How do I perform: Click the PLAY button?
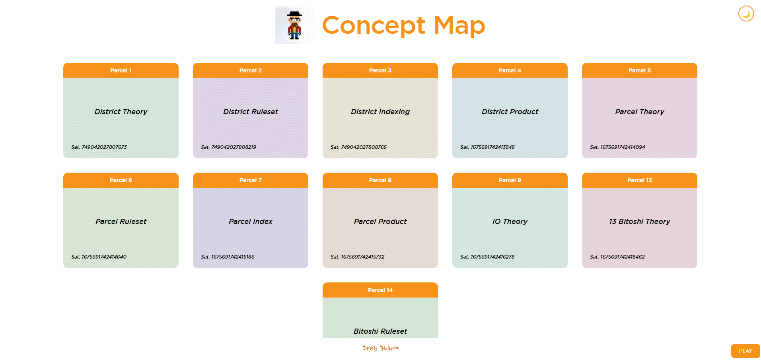(745, 351)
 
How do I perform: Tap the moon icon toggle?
(746, 14)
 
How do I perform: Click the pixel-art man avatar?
(294, 25)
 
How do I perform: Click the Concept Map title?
(403, 25)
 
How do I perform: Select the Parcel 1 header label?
(121, 70)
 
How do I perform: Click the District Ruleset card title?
(251, 112)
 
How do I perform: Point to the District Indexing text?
(380, 112)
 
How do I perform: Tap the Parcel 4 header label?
(510, 70)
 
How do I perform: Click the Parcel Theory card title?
(639, 112)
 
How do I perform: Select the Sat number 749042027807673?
(104, 147)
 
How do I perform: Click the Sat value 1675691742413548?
(492, 147)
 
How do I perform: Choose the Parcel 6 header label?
(121, 180)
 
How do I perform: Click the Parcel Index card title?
(251, 222)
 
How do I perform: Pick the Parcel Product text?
(380, 222)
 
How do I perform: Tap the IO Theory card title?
(510, 222)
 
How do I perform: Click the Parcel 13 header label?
(639, 180)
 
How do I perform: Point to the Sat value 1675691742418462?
(622, 257)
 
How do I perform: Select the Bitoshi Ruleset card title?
(380, 331)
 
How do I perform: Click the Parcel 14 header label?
(380, 290)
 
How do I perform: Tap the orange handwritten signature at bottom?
(380, 348)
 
